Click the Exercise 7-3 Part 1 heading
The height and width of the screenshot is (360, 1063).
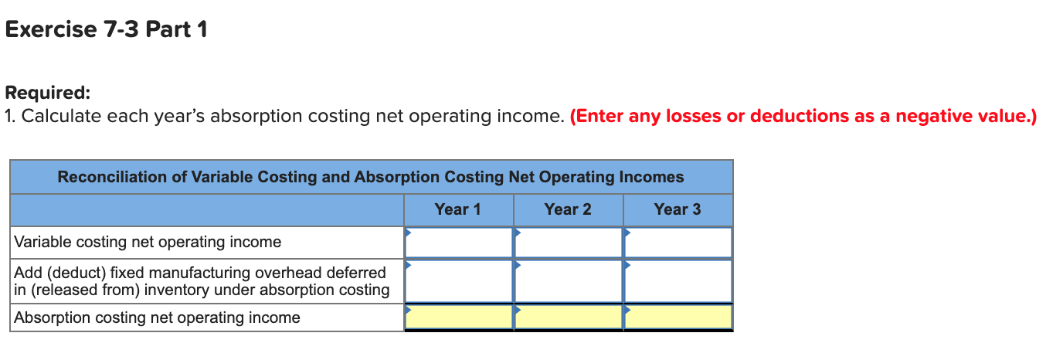point(106,30)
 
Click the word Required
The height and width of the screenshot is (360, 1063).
point(47,93)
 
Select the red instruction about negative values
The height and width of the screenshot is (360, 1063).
point(803,117)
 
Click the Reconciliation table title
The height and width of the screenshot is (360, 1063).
point(371,177)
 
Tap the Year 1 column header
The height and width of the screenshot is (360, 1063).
point(457,209)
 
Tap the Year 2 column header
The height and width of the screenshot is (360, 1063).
point(567,209)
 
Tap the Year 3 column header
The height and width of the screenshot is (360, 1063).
point(677,209)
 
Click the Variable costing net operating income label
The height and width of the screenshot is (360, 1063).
point(148,242)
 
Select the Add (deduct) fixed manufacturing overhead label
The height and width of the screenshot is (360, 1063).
point(202,281)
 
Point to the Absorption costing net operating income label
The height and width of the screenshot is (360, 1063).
point(157,318)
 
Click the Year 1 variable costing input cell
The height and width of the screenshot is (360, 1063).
point(459,242)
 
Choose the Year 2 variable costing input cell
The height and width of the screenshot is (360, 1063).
point(569,242)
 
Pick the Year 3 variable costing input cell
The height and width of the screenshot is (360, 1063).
point(678,242)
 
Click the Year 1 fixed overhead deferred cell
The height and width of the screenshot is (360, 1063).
point(459,280)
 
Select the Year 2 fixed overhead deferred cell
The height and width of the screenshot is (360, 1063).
point(569,280)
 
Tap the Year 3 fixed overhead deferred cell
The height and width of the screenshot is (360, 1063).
point(678,280)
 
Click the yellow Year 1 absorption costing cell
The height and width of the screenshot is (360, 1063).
point(459,317)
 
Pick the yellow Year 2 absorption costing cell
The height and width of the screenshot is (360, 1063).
point(569,317)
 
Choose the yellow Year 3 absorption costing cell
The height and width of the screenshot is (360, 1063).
point(678,317)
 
